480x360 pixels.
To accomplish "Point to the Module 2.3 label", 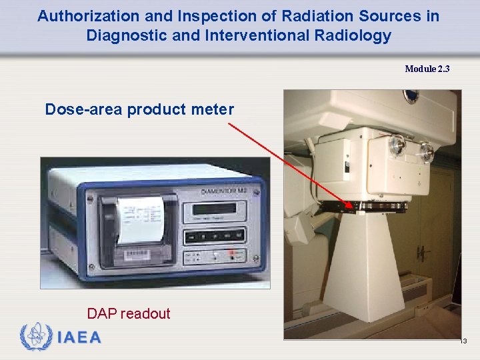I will pos(427,69).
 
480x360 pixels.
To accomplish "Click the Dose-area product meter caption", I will pos(139,109).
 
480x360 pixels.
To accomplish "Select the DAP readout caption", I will pos(129,313).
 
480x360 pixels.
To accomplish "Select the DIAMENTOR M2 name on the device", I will pos(224,192).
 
